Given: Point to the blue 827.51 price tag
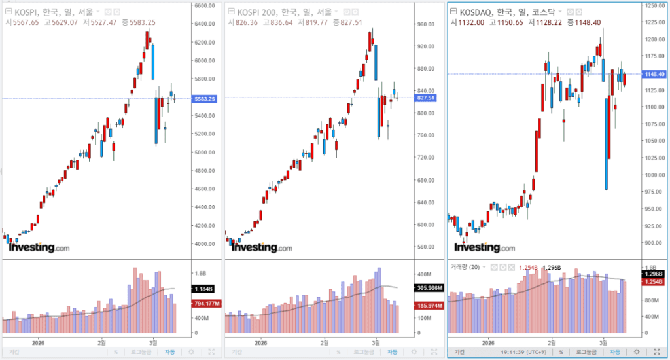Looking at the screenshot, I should pos(427,98).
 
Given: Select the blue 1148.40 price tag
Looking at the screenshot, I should pos(655,74).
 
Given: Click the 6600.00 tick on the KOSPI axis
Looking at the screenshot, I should pos(206,5).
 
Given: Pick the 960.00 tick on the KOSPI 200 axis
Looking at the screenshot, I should pos(427,24).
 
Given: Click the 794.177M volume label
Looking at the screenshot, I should pos(207,303).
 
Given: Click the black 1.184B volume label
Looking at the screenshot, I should pos(203,289).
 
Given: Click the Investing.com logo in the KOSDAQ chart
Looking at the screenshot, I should pos(485,247).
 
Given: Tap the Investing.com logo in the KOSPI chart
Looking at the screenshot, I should pos(39,247).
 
